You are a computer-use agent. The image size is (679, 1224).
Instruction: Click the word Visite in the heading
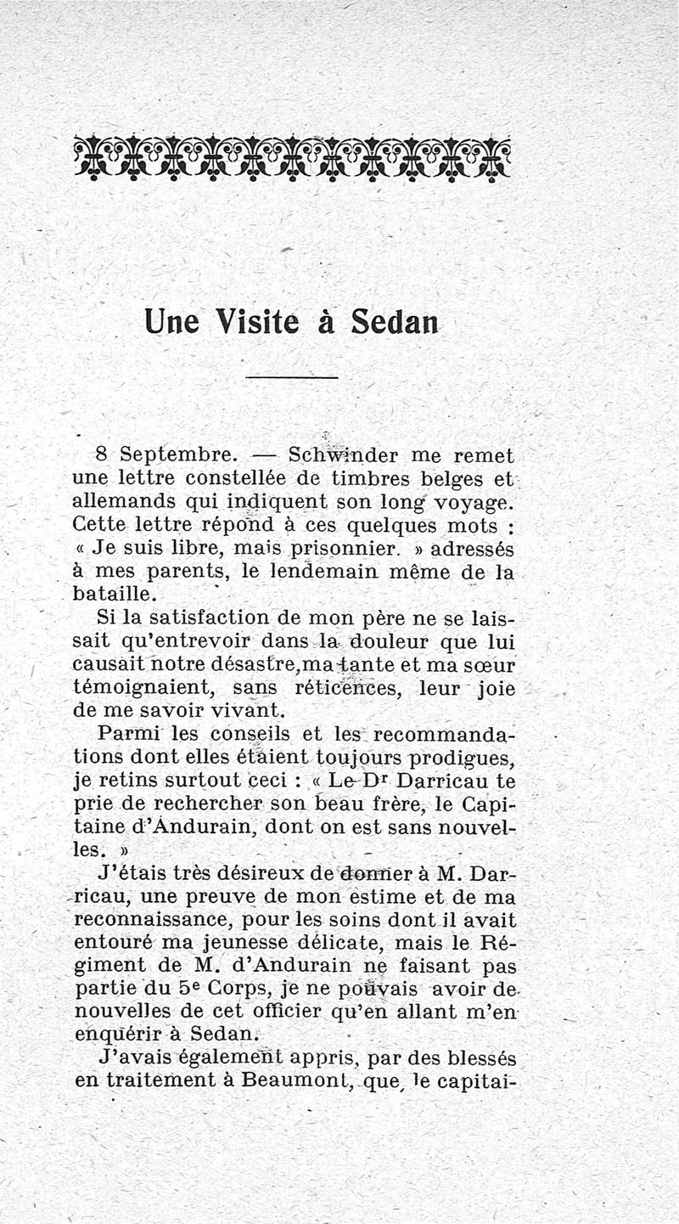pyautogui.click(x=257, y=321)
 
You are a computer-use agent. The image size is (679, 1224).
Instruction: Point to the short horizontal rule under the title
pyautogui.click(x=292, y=377)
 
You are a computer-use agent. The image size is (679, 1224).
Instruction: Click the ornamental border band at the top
pyautogui.click(x=292, y=158)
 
